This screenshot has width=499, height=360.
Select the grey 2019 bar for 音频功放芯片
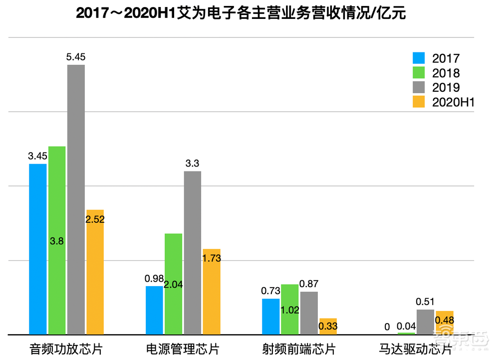(76, 199)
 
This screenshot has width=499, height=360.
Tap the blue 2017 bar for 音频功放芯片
(37, 249)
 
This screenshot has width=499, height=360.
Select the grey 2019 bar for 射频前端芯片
(308, 313)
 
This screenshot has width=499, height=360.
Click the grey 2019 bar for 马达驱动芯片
(425, 322)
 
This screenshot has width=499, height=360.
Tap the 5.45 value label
(76, 57)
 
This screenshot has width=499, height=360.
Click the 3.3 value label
(192, 164)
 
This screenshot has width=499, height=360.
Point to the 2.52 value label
(95, 219)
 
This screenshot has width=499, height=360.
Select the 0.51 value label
(425, 302)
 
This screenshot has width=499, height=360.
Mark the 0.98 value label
(154, 278)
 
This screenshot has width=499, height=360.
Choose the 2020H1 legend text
(452, 102)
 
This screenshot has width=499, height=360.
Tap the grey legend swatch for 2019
(419, 88)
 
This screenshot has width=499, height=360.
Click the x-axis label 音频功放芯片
(66, 348)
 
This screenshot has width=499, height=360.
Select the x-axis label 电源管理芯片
(183, 348)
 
